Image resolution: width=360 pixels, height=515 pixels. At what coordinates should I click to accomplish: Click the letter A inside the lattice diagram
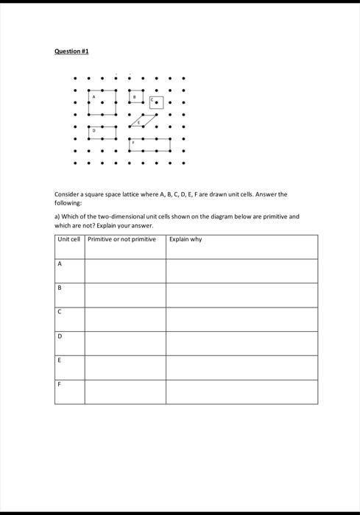pos(93,96)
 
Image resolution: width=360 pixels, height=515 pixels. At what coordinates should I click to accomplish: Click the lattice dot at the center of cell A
pos(103,102)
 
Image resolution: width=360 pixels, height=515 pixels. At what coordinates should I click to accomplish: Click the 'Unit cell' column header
pos(68,239)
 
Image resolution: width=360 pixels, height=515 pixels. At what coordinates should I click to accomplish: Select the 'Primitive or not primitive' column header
pos(121,239)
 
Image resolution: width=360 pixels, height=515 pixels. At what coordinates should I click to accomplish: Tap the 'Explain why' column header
pos(186,239)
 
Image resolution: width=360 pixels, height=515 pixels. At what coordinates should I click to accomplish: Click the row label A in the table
pos(60,264)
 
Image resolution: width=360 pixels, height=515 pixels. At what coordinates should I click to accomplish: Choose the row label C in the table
pos(60,312)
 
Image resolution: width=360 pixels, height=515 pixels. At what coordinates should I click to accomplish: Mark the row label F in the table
pos(60,383)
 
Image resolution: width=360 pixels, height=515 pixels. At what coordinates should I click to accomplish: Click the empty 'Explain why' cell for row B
pos(241,295)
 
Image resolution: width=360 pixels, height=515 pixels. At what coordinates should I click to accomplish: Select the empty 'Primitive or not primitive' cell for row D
pos(124,343)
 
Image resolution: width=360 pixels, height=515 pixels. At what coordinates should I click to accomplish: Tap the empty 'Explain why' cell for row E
pos(241,367)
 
